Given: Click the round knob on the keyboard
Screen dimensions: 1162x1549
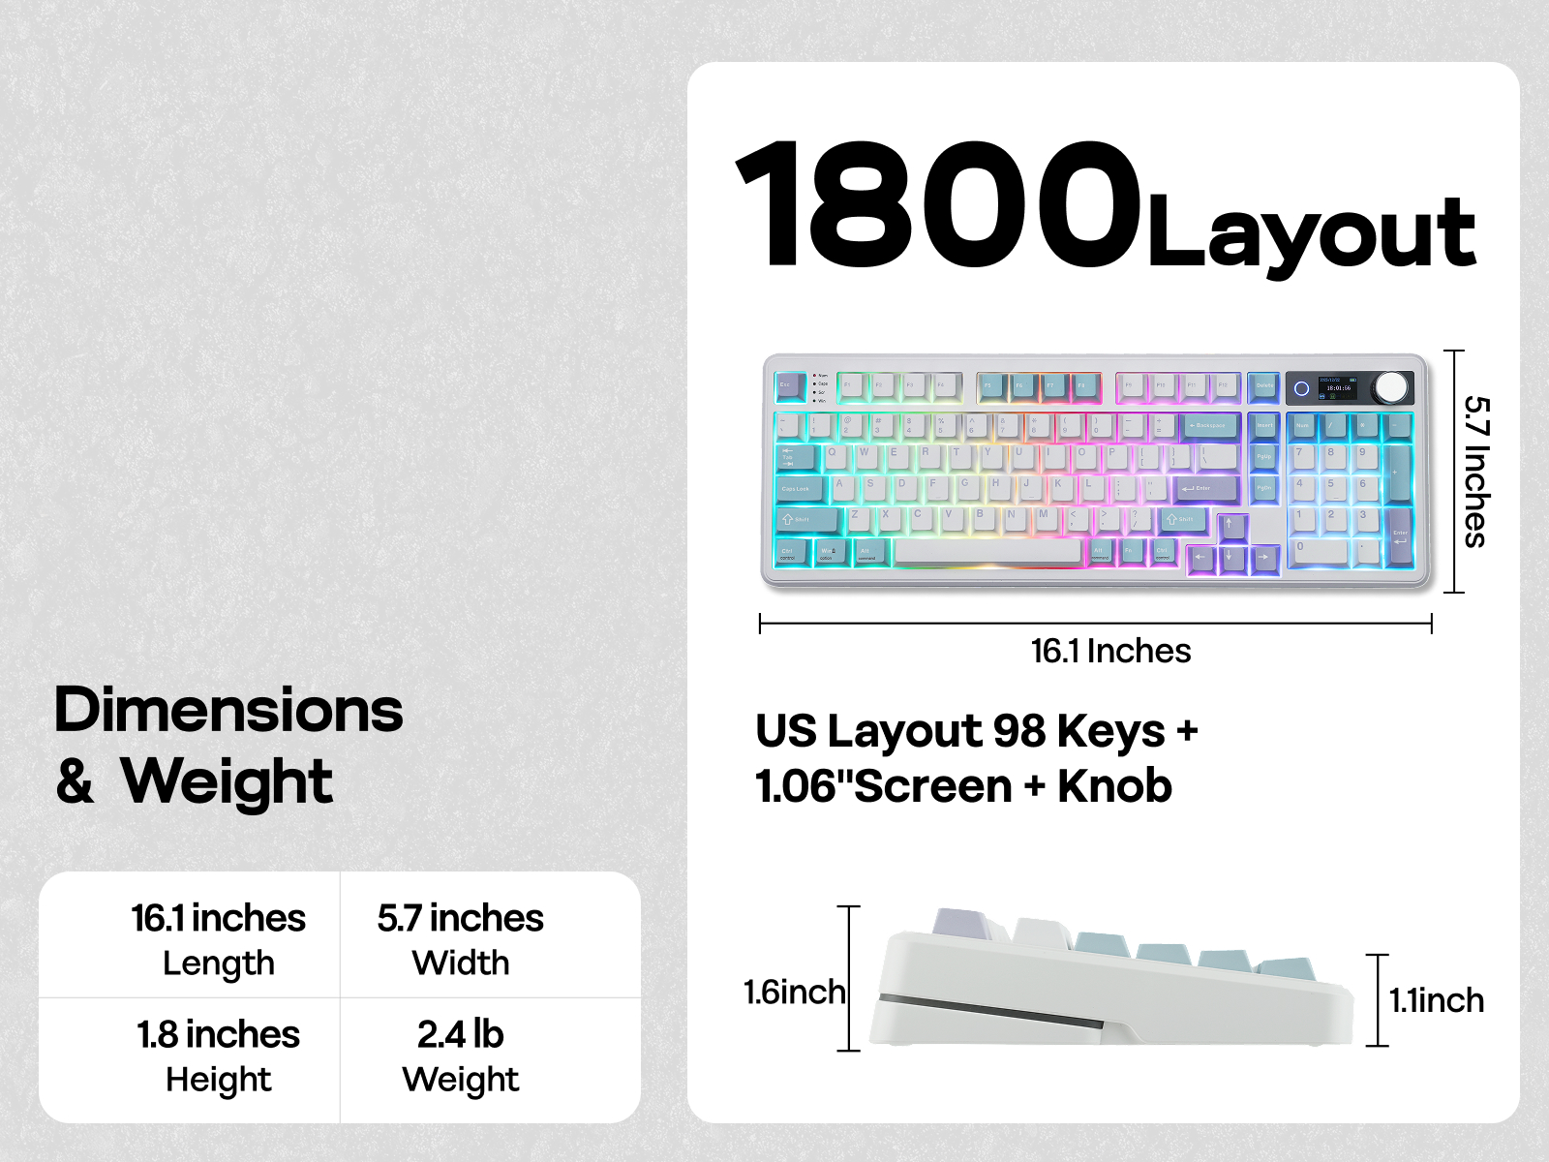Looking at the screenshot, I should tap(1390, 387).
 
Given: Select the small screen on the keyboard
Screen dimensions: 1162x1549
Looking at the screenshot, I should tap(1337, 387).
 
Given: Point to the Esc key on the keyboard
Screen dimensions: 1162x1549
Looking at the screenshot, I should tap(790, 386).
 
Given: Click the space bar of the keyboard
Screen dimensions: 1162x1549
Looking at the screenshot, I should tap(987, 552).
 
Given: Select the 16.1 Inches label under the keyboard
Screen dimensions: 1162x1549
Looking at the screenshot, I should tap(1110, 651).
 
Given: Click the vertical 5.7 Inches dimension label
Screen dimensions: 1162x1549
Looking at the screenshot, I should tap(1475, 472).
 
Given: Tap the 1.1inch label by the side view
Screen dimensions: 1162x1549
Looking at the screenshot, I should tap(1437, 1000).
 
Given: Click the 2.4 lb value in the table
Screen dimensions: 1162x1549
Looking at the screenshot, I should tap(461, 1034).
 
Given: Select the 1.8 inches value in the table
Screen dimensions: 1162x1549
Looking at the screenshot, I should tap(219, 1034).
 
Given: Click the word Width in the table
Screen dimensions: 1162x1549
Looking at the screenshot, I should tap(461, 963).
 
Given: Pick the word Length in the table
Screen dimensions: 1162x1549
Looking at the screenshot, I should tap(219, 963).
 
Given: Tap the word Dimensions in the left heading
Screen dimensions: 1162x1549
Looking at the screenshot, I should tap(228, 710).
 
